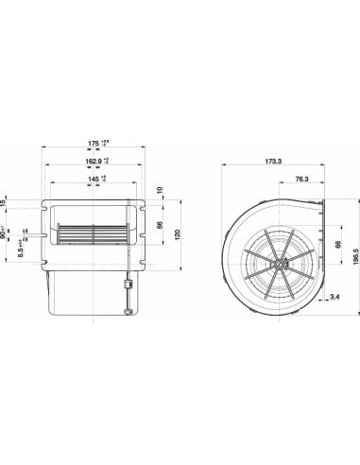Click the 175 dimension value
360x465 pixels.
pyautogui.click(x=93, y=144)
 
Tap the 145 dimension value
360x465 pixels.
pyautogui.click(x=93, y=180)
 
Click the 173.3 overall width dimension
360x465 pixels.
pyautogui.click(x=273, y=162)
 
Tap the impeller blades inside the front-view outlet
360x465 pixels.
pyautogui.click(x=92, y=233)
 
